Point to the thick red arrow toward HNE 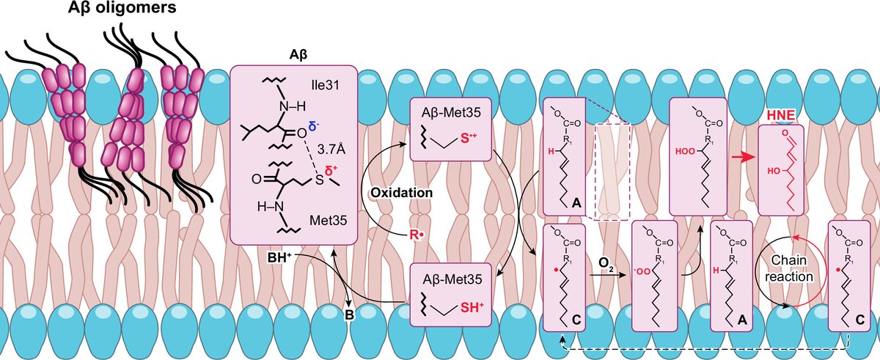pos(741,157)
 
